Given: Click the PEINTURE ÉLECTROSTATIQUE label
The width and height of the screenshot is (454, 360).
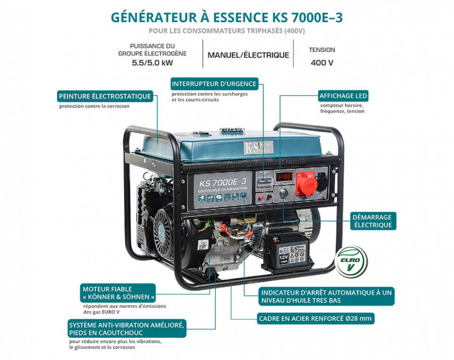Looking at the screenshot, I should point(105,96).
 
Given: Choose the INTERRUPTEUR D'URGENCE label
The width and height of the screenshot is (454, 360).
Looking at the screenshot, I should point(214,84).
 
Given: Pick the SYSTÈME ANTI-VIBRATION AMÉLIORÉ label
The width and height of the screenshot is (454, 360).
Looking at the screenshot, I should point(126,328).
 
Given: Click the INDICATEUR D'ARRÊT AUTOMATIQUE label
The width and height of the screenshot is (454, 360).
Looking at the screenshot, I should point(327,296).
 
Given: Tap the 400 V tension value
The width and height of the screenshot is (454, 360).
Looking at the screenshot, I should point(322,63).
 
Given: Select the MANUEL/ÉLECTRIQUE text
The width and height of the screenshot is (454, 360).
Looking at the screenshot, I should point(248,55).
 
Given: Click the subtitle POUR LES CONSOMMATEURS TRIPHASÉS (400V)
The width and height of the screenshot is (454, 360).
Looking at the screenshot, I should point(227,30).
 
